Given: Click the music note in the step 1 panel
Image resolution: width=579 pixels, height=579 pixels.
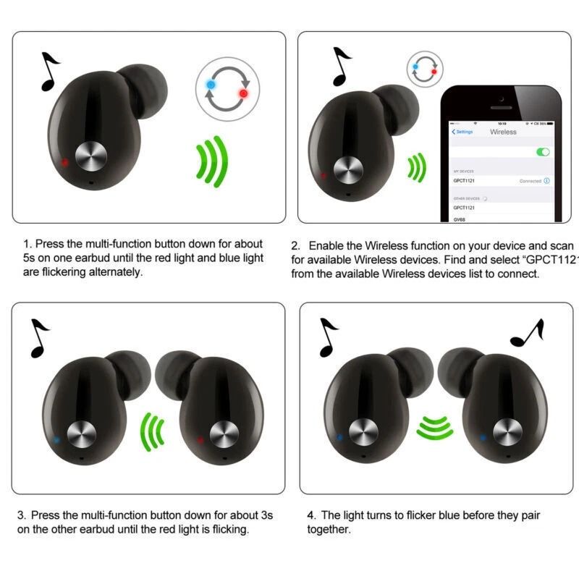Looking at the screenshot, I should coord(49,71).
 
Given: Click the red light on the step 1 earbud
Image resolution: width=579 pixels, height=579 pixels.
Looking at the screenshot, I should coord(66,162).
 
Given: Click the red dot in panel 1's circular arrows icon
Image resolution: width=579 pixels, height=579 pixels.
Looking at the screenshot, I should coord(243,93).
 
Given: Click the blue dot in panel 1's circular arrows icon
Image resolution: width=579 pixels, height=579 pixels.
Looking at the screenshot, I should coord(211,85).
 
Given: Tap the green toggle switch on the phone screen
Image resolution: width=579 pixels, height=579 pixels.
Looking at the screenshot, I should coord(542,152).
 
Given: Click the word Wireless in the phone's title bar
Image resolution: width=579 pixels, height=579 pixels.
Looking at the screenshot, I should coord(503,132).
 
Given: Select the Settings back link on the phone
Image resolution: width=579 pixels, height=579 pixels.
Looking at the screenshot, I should coord(462,132).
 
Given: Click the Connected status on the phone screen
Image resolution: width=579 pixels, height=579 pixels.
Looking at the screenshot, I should coord(531,181).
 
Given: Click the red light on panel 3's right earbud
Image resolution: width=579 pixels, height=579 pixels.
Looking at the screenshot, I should coord(200,439).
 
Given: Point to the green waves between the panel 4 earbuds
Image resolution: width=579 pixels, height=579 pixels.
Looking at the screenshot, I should coord(434,428).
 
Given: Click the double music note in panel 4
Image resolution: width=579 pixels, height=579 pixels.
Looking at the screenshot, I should coord(527,333).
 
